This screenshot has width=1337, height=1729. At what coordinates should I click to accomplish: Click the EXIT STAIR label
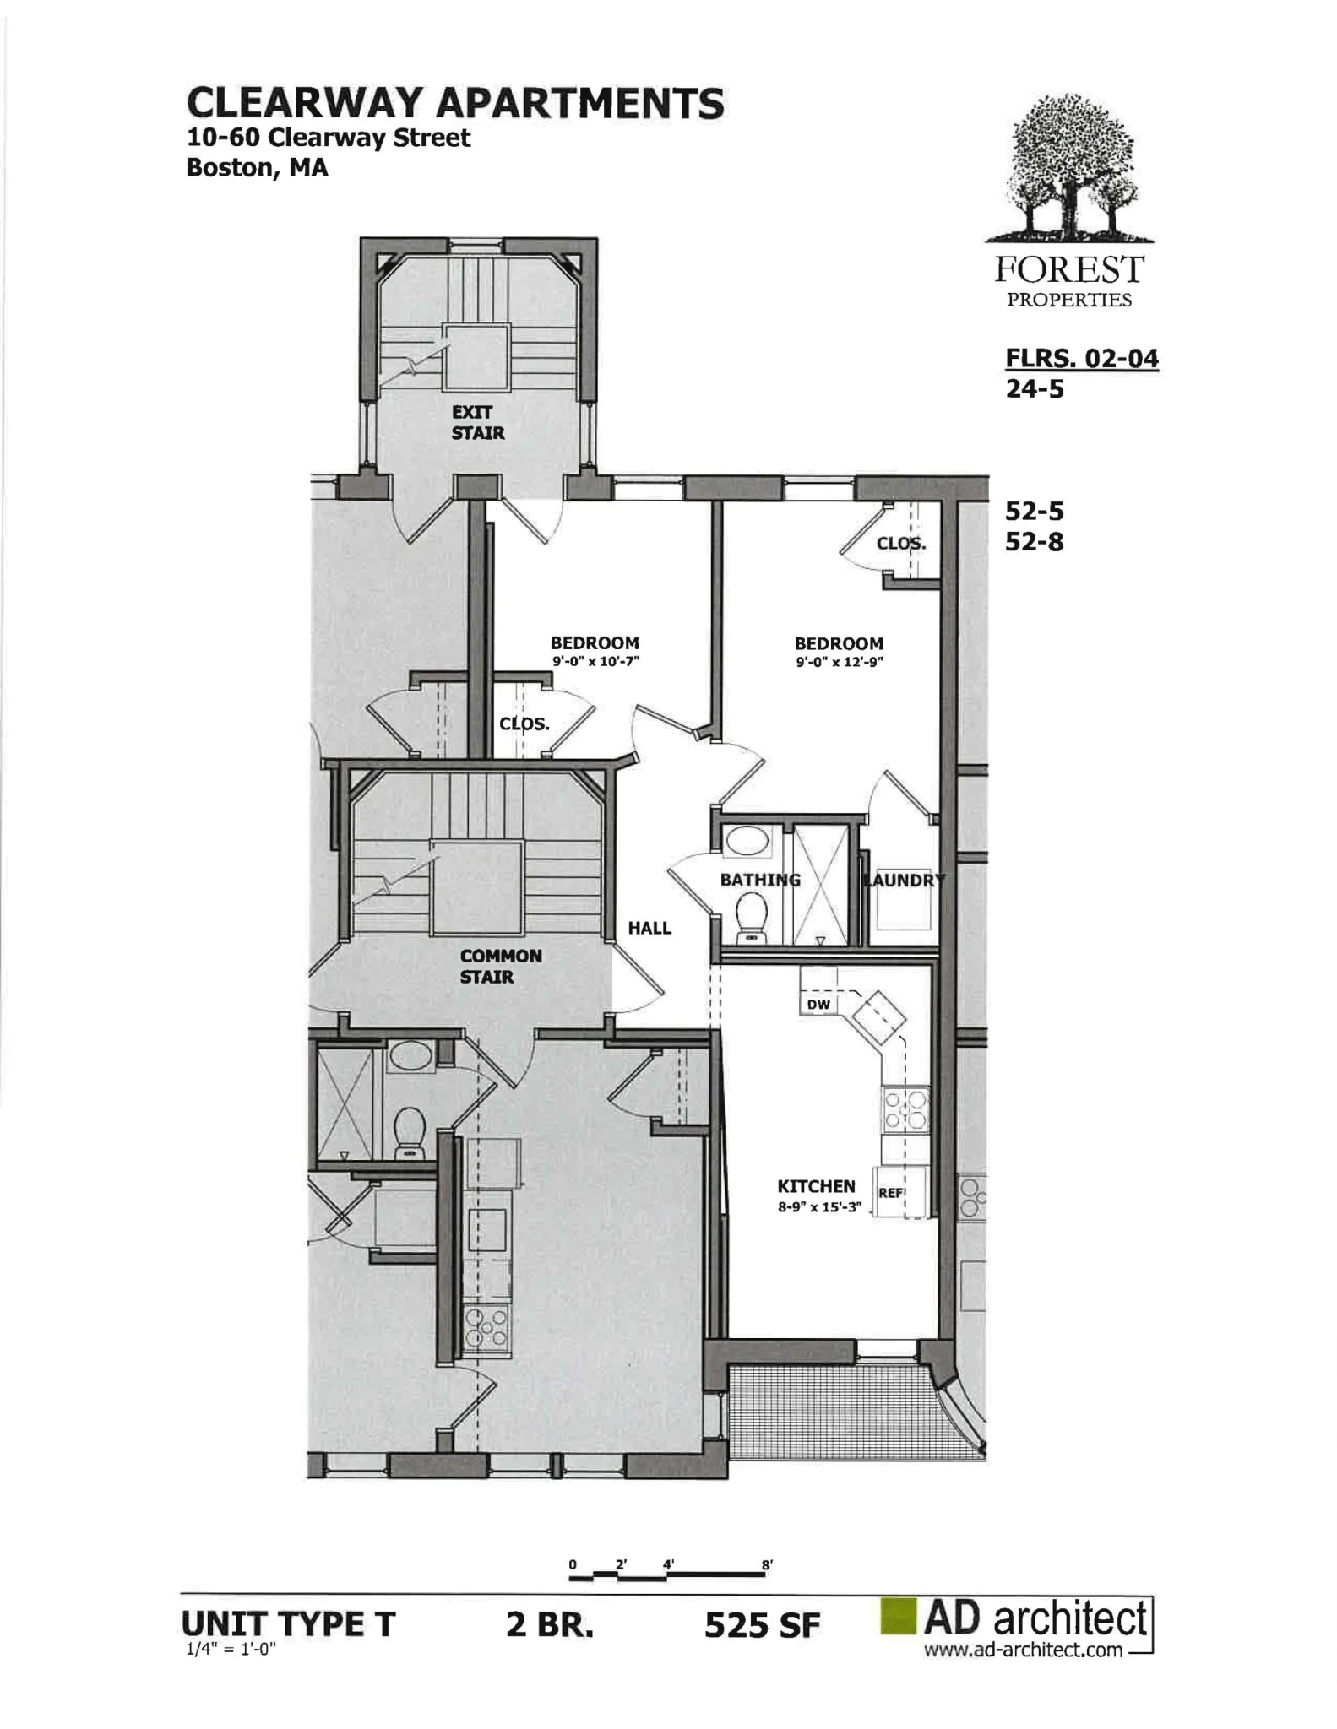(477, 422)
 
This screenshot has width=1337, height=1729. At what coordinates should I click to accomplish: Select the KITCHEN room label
(816, 1186)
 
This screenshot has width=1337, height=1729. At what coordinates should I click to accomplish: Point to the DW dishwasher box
(818, 1004)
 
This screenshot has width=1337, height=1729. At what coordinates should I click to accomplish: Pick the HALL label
(649, 928)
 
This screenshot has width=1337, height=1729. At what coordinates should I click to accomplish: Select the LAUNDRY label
(904, 880)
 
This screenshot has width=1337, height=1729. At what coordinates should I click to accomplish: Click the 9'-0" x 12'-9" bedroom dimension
(839, 663)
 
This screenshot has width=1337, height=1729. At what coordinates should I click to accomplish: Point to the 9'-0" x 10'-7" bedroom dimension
(595, 662)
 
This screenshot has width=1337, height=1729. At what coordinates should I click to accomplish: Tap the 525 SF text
(762, 1626)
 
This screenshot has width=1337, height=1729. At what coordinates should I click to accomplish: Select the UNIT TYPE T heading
(289, 1624)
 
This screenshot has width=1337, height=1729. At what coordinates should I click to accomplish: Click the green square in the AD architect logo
(898, 1616)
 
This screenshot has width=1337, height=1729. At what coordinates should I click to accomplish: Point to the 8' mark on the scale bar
(767, 1564)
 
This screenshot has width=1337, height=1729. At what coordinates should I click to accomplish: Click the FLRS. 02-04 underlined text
(1081, 359)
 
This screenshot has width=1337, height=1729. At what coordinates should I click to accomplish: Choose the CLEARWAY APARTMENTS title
(455, 103)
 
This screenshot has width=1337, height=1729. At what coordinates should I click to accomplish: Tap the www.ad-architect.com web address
(1023, 1650)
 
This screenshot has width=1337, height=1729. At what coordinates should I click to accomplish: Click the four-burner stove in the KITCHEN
(905, 1108)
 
